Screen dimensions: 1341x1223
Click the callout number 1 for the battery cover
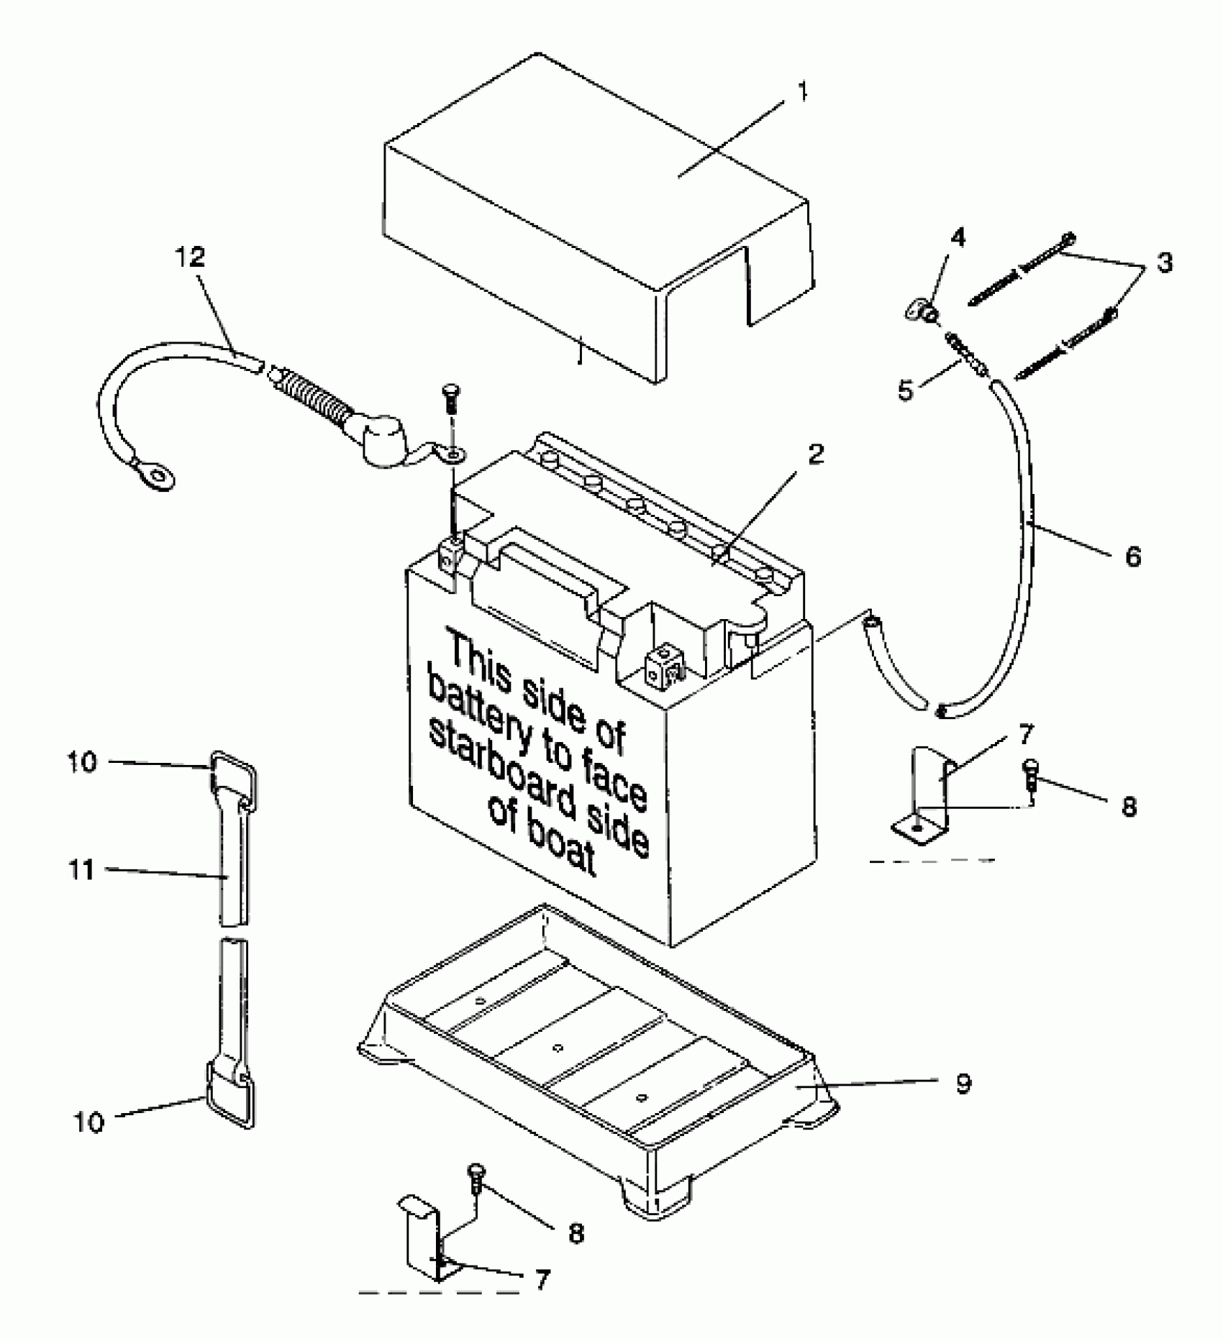[804, 92]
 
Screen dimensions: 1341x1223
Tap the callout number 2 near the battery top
[814, 454]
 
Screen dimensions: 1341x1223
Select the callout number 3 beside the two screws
[1164, 262]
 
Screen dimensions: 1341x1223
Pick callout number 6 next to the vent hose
[1133, 556]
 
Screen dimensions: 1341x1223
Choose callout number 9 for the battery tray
[964, 1083]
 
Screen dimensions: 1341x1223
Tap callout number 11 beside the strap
[82, 871]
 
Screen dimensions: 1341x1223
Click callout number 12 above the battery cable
[191, 258]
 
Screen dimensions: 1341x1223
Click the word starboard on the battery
[538, 782]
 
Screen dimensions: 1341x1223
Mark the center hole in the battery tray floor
[558, 1048]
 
